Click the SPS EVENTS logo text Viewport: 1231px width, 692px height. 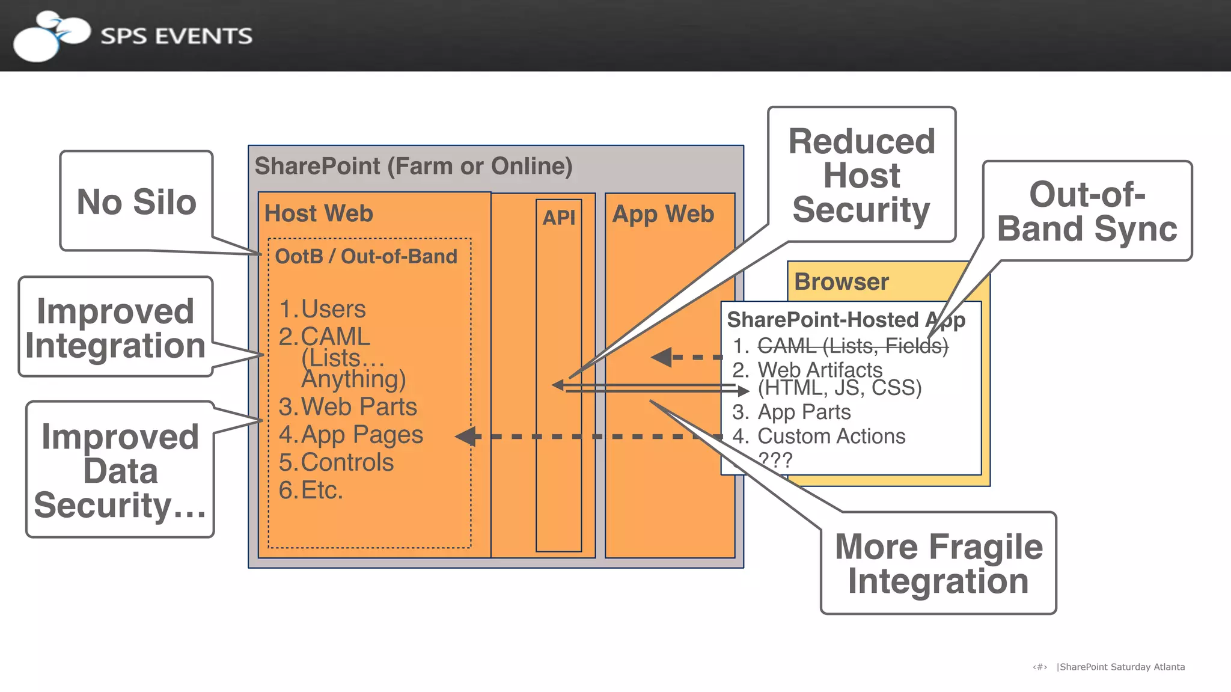[x=176, y=37]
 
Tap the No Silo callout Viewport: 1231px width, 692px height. [x=136, y=201]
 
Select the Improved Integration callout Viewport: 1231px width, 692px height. [x=115, y=328]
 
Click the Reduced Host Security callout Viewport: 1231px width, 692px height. [x=861, y=176]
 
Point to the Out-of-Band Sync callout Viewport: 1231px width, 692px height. [x=1087, y=212]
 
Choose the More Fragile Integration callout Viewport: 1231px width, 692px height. [x=938, y=563]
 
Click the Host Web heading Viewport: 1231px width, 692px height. [x=319, y=213]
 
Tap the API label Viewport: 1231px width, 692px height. [x=558, y=218]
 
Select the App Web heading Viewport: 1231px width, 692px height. [x=663, y=214]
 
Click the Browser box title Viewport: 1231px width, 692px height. [x=841, y=282]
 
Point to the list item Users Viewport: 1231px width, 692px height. [x=333, y=309]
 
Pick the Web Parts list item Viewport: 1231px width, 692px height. [x=359, y=407]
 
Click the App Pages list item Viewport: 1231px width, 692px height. [x=362, y=435]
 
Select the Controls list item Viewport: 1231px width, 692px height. [x=347, y=462]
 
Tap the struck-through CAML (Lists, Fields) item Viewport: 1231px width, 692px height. [x=852, y=346]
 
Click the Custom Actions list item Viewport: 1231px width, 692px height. [x=831, y=436]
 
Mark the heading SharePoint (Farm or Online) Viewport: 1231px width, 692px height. [x=414, y=167]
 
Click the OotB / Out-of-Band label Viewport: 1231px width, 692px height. [x=366, y=257]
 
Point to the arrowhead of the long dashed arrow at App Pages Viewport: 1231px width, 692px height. [x=466, y=436]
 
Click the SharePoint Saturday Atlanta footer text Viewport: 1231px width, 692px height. [x=1122, y=667]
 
